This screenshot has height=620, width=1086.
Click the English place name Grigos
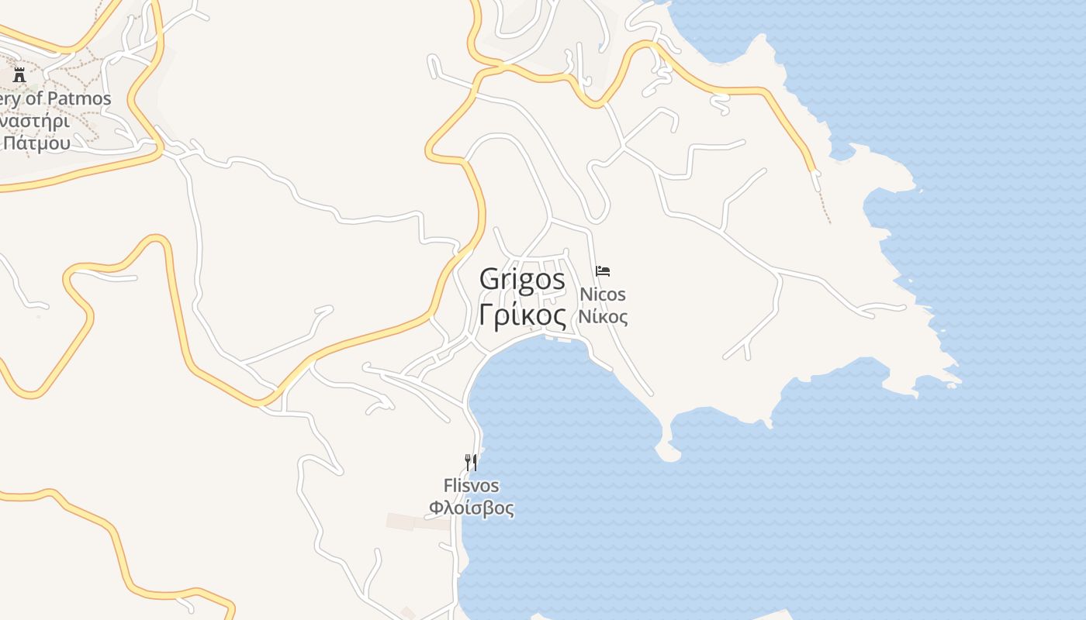tap(522, 279)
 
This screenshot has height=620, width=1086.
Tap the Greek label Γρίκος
tap(522, 315)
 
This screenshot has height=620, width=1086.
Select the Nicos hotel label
tap(603, 294)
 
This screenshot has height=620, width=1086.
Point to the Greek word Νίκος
tap(603, 316)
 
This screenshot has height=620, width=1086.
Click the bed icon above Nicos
tap(603, 271)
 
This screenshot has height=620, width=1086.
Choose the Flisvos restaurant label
tap(471, 486)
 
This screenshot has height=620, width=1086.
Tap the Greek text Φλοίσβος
tap(471, 508)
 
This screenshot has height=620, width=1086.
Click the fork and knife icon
tap(470, 463)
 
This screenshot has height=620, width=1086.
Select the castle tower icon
tap(19, 75)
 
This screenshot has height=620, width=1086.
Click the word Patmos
tap(79, 99)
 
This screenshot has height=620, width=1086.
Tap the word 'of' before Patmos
tap(36, 99)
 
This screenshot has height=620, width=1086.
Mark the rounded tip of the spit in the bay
tap(668, 454)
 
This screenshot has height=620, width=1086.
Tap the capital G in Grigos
tap(489, 279)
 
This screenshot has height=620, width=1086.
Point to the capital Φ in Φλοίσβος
tap(437, 508)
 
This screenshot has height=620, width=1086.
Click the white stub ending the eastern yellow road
tap(815, 181)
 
